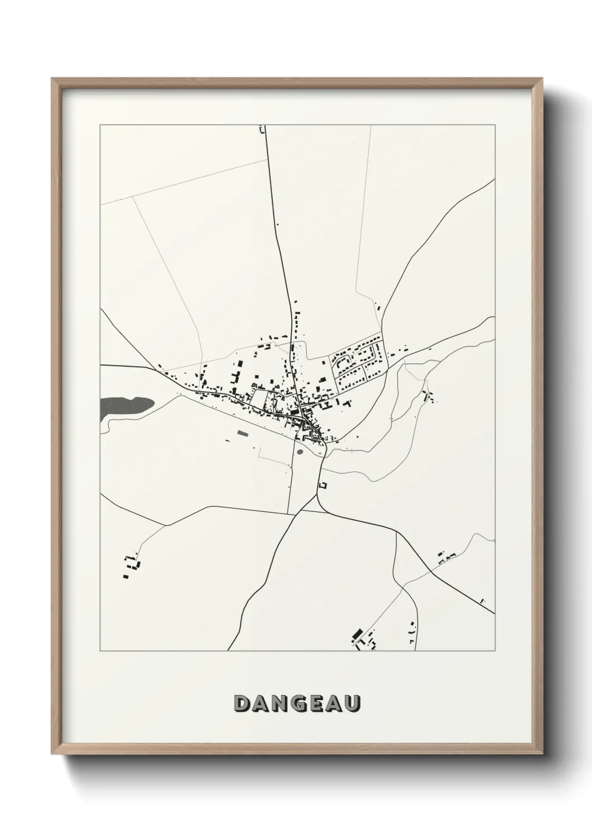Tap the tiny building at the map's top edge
261,130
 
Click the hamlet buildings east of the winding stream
430,397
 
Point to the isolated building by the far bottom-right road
483,600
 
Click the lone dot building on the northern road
278,225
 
